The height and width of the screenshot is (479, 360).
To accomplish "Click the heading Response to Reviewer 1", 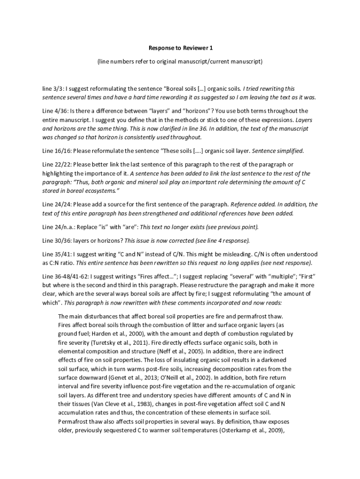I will (x=180, y=48).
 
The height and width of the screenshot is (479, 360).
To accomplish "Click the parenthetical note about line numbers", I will (x=180, y=61).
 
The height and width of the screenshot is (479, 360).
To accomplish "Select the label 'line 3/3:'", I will (x=53, y=88).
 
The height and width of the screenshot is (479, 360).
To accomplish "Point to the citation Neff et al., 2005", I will (x=178, y=351).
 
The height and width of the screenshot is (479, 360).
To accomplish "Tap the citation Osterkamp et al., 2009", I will (x=251, y=430).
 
